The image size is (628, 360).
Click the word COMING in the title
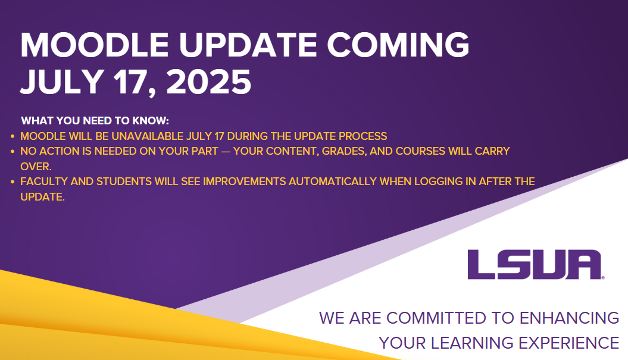(x=398, y=45)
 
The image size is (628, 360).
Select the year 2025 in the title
(x=209, y=82)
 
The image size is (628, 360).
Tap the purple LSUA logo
(x=536, y=265)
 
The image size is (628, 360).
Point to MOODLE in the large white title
(x=95, y=45)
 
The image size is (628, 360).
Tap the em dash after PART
(x=226, y=151)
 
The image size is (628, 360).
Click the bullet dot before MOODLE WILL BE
(x=13, y=136)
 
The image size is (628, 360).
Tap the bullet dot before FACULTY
(x=13, y=182)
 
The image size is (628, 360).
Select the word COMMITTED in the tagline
(x=436, y=318)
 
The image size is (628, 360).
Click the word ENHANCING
(x=570, y=318)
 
